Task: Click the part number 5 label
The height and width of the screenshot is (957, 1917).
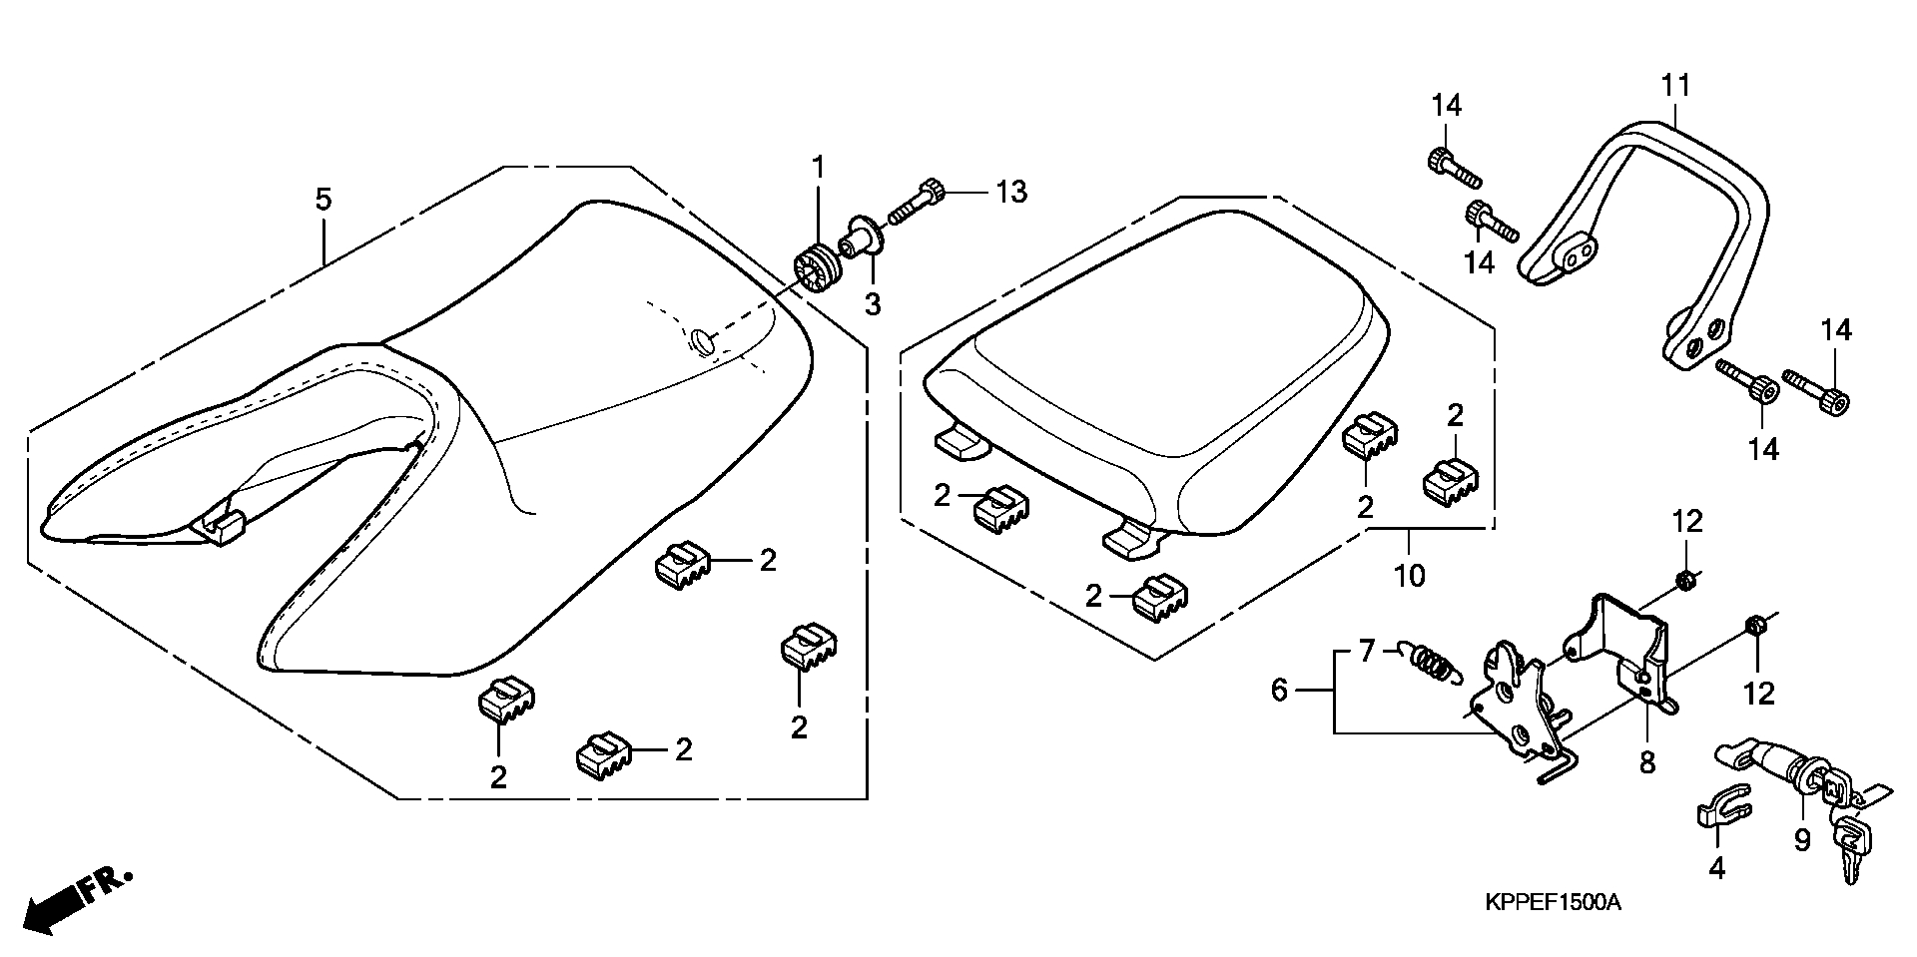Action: pyautogui.click(x=322, y=199)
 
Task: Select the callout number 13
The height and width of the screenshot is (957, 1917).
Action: pyautogui.click(x=1011, y=192)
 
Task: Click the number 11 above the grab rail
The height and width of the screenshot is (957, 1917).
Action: pyautogui.click(x=1675, y=85)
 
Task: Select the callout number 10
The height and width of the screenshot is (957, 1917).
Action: pyautogui.click(x=1410, y=576)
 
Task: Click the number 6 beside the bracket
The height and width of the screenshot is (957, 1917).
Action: pyautogui.click(x=1280, y=690)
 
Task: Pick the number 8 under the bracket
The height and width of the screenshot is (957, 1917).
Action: pyautogui.click(x=1646, y=763)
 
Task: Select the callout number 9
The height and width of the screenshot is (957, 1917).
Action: pyautogui.click(x=1802, y=841)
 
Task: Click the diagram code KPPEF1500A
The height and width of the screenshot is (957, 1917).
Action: pyautogui.click(x=1553, y=903)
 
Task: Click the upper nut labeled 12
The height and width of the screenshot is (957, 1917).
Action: pyautogui.click(x=1685, y=580)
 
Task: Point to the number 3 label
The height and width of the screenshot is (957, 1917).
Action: pyautogui.click(x=873, y=304)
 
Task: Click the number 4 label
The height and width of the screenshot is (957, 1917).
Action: pyautogui.click(x=1716, y=869)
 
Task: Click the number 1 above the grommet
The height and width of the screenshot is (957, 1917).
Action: pyautogui.click(x=819, y=168)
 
